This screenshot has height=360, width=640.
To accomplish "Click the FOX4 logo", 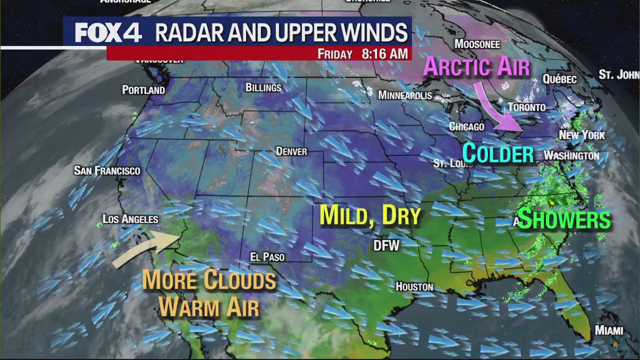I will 108,33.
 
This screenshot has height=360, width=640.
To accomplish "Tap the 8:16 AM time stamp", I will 384,54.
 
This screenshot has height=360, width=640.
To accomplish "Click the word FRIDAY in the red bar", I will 335,54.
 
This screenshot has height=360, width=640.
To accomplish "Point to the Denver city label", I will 291,151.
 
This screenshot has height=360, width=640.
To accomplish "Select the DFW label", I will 386,245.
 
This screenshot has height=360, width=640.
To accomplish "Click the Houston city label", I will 414,286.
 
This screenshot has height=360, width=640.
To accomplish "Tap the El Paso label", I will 267,257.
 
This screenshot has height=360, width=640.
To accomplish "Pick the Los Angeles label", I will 130,219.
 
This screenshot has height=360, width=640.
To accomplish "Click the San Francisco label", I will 107,170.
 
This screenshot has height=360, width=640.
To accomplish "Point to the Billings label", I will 263,87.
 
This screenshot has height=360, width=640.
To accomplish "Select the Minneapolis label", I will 405,95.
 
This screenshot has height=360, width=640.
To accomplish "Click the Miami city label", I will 608,330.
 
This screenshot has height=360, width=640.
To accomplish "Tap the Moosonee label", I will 477,44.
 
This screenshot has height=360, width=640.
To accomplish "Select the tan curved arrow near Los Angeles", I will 145,247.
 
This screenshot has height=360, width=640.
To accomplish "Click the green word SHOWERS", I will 564,219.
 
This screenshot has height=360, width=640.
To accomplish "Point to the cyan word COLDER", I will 498,153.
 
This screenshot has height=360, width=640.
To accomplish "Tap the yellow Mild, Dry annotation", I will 370,215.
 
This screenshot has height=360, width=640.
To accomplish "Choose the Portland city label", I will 143,90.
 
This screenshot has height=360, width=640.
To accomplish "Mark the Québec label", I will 559,79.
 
